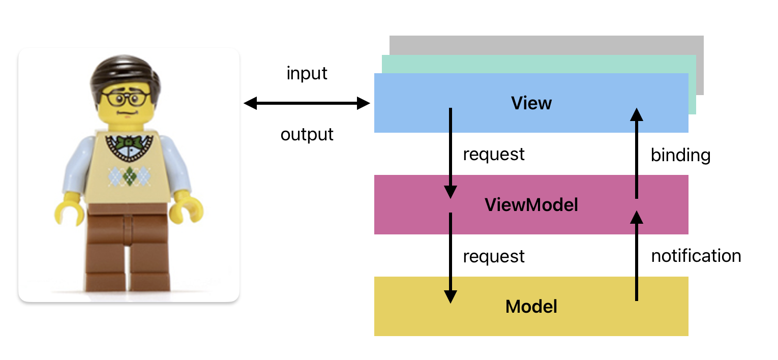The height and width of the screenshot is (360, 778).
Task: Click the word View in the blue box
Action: [531, 103]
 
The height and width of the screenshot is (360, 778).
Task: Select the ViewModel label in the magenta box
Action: [531, 205]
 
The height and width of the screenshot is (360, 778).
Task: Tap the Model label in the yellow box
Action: [531, 307]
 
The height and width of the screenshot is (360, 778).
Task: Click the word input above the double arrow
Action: [307, 74]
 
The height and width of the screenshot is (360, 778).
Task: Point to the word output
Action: [307, 135]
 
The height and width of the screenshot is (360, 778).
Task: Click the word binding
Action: [680, 155]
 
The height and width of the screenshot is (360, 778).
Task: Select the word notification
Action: [696, 255]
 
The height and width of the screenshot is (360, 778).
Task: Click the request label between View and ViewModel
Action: [493, 154]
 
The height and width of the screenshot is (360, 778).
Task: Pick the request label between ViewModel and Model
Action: [493, 256]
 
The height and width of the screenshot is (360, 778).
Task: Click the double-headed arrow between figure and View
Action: [307, 104]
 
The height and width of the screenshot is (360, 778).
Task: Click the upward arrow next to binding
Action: [636, 153]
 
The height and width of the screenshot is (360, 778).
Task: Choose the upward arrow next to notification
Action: [636, 257]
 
